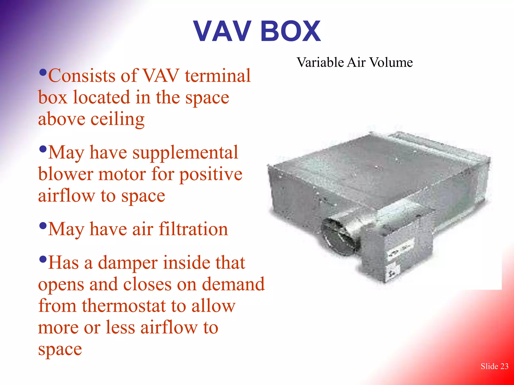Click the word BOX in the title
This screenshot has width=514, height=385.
pos(291,31)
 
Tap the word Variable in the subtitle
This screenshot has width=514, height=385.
pos(320,62)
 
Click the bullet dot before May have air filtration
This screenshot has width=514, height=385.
pos(43,226)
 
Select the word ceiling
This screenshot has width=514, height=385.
pos(117,119)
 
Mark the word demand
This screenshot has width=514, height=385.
pos(233,284)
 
